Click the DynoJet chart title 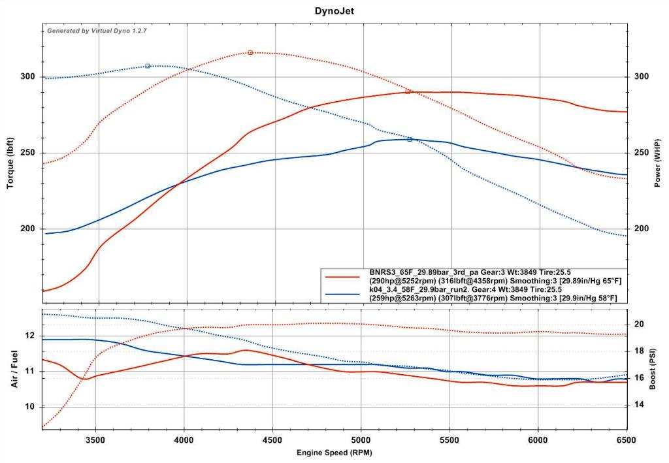coord(334,11)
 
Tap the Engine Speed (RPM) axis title coord(334,452)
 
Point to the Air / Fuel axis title coord(14,370)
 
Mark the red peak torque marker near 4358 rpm coord(250,52)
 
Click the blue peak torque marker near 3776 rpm coord(148,66)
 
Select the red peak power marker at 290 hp coord(408,92)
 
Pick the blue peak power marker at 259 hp coord(410,139)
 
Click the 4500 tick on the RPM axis coord(272,440)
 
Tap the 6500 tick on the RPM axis coord(626,440)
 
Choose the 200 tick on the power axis coord(642,229)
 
